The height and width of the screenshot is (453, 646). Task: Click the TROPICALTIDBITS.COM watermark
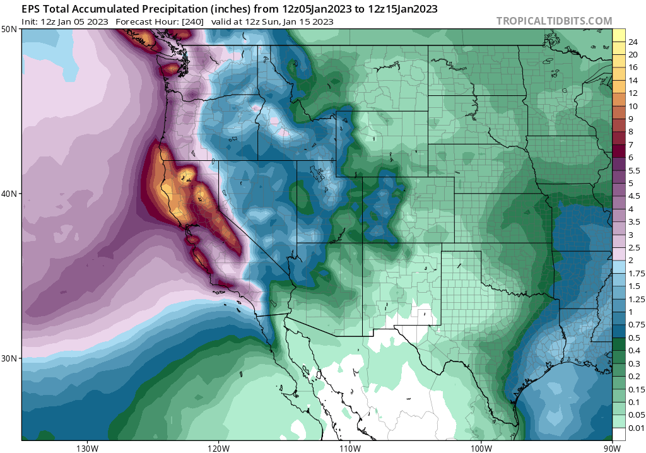pos(554,21)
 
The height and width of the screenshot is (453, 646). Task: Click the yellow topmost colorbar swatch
pos(619,35)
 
